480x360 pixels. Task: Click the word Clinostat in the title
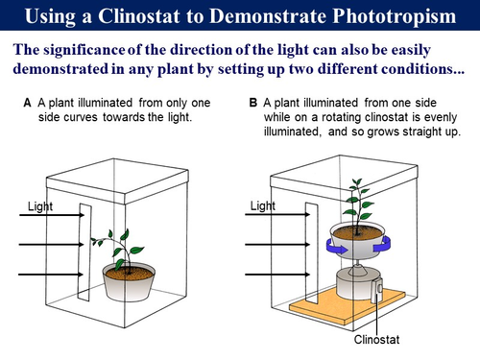(138, 15)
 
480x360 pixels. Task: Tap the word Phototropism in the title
(394, 16)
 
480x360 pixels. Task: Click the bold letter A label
(27, 103)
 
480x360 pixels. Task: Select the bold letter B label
(253, 103)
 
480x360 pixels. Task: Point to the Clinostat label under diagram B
(376, 340)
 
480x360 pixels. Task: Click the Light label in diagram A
(40, 206)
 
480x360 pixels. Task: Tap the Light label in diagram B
(263, 205)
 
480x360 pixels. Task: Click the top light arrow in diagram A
(52, 215)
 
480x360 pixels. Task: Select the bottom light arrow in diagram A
(51, 275)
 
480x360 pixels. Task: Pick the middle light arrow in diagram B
(277, 245)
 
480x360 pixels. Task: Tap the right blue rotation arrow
(382, 244)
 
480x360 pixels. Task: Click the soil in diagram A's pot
(129, 273)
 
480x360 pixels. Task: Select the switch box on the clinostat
(377, 290)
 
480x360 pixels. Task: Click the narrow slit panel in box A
(84, 252)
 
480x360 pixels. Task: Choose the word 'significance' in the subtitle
(84, 51)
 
